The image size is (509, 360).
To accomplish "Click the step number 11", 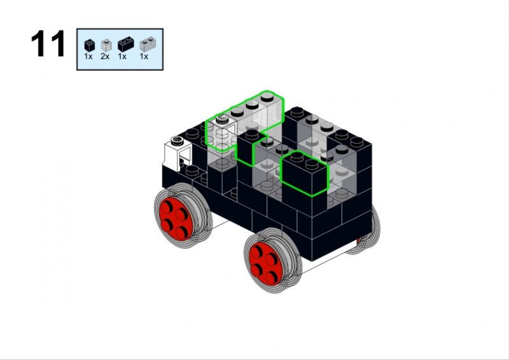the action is (48, 43).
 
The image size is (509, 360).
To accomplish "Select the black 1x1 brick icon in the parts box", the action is (89, 45).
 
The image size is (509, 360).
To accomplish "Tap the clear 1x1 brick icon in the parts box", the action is (106, 45).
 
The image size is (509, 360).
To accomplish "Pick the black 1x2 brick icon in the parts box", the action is (125, 44).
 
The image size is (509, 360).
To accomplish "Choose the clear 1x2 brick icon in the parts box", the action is (148, 44).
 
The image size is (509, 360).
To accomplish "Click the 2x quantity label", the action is (105, 57).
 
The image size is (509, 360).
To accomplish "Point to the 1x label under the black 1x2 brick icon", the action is (122, 57).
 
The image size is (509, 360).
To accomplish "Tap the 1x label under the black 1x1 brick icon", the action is (88, 57).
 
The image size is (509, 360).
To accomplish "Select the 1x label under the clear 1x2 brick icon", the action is (144, 57).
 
